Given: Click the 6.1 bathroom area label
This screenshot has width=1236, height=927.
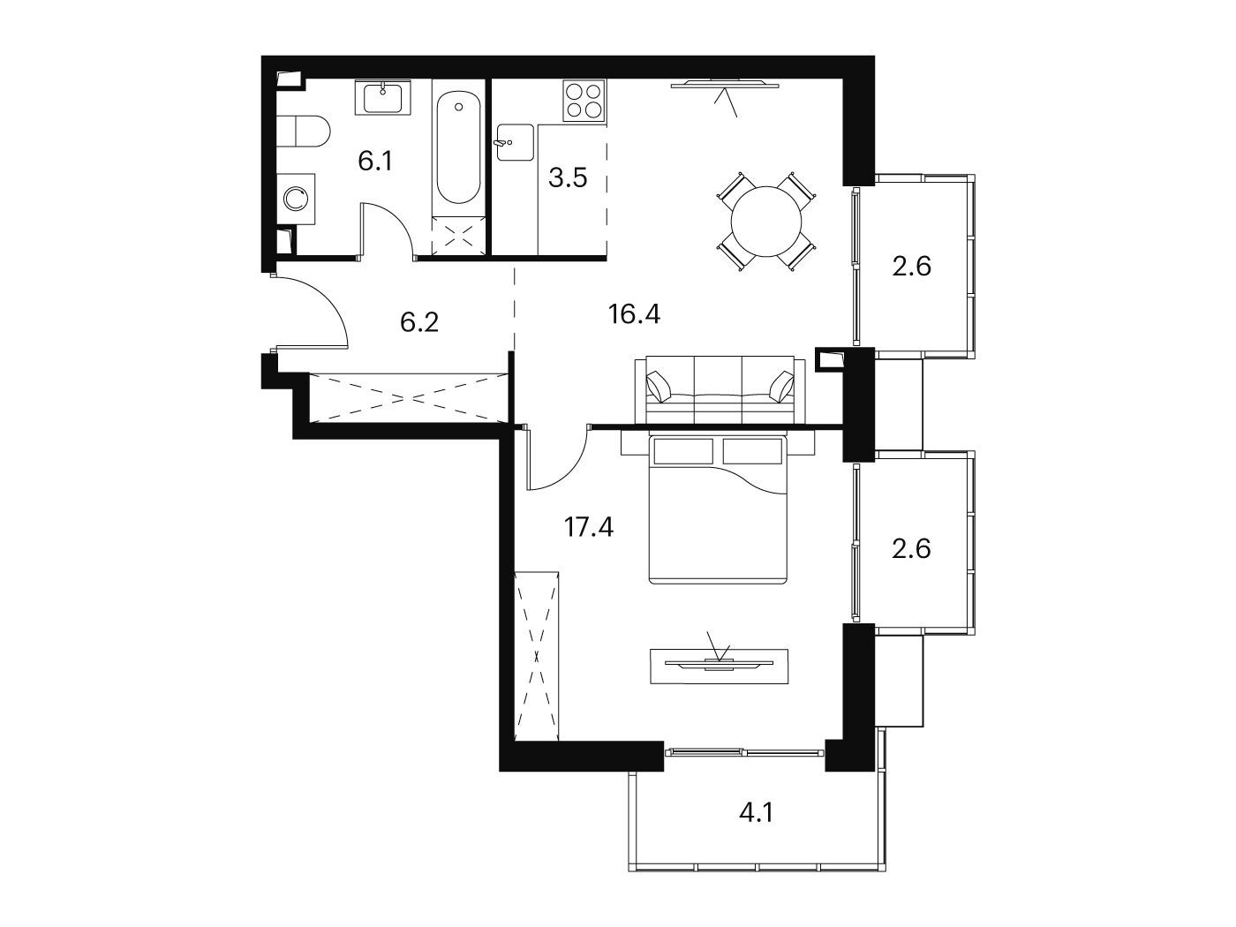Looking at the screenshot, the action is click(x=375, y=162).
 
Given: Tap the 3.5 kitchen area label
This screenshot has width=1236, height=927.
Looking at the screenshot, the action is click(x=568, y=177).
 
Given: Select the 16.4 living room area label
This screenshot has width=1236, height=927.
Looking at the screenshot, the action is click(x=634, y=313).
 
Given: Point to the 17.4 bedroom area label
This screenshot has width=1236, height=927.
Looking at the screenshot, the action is click(x=589, y=527).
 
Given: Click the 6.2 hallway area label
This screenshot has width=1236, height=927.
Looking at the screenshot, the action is click(x=419, y=322).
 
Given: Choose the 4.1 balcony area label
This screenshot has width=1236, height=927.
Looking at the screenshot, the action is click(x=757, y=813).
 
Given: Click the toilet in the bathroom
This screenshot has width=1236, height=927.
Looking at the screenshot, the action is click(x=303, y=132).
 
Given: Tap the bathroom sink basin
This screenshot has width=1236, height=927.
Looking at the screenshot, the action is click(x=383, y=98).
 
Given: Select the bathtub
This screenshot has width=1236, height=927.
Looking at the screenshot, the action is click(x=458, y=147).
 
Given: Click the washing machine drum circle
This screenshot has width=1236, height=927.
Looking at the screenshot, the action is click(x=296, y=198).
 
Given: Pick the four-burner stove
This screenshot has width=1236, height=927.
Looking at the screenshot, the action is click(x=584, y=102).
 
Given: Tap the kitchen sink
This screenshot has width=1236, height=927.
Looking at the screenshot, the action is click(x=514, y=142).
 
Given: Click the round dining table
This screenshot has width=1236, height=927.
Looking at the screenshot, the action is click(x=765, y=222).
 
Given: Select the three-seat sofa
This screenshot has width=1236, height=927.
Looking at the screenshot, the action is click(x=720, y=389).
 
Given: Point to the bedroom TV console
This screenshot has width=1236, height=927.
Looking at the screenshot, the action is click(x=719, y=667).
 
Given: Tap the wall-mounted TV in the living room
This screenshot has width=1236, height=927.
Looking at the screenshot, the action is click(x=725, y=85).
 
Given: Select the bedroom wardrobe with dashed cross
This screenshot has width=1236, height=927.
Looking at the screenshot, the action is click(x=537, y=656).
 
